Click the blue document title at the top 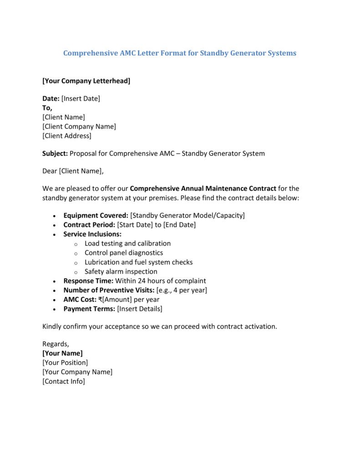(180, 53)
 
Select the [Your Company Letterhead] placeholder (86, 81)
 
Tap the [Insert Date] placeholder (81, 98)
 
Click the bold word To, (47, 108)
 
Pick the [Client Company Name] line (79, 127)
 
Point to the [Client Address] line (67, 136)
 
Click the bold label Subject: (55, 153)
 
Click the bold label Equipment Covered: (96, 215)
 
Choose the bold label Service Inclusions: (92, 234)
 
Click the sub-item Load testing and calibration (127, 243)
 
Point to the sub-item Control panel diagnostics (124, 253)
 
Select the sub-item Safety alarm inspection (121, 272)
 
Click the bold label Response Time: (88, 281)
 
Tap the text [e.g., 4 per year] (182, 290)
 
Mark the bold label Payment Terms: (89, 309)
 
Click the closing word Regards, (56, 344)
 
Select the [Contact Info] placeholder (64, 381)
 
